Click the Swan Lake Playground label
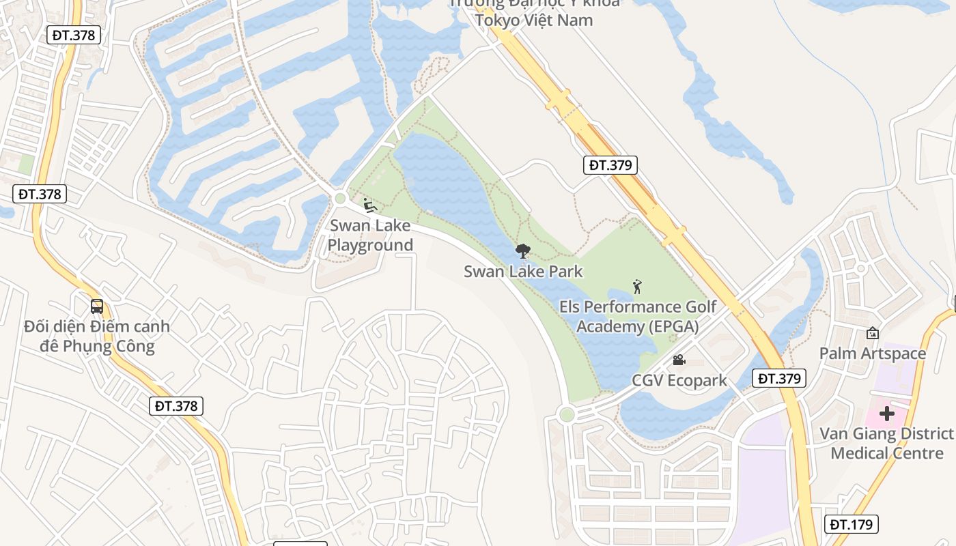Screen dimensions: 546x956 point(370,235)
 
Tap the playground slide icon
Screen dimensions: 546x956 point(369,205)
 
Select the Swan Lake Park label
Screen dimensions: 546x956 point(523,271)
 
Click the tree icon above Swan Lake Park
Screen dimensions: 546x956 point(523,251)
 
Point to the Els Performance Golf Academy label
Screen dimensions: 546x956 point(638,317)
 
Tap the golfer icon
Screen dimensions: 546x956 point(638,287)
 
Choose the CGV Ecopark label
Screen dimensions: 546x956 point(679,380)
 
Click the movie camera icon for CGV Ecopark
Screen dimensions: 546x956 point(679,360)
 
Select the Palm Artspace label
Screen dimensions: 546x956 point(873,353)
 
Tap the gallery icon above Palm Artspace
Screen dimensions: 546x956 point(872,333)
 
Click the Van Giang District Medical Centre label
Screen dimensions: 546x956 point(886,443)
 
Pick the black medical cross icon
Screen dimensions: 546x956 point(886,414)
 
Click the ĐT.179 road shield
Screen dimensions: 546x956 point(851,524)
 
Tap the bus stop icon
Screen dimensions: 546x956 point(97,306)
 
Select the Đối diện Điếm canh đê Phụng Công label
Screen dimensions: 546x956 point(96,336)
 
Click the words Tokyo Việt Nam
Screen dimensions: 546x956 point(534,20)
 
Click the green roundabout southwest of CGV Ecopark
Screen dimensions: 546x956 point(566,414)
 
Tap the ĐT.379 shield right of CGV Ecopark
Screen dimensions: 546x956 point(779,378)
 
